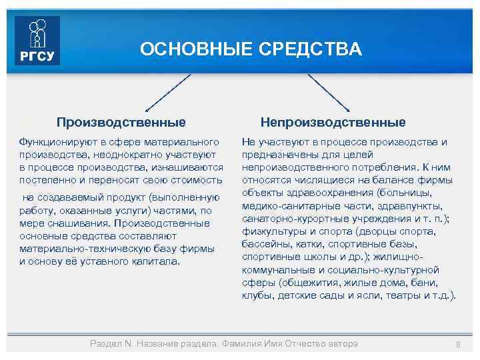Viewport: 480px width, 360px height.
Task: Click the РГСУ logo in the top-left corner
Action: click(x=37, y=41)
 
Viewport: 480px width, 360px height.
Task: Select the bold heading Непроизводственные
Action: click(x=333, y=123)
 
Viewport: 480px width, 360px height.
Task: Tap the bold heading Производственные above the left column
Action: click(x=121, y=123)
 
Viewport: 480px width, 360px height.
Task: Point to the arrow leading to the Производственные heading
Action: click(x=168, y=91)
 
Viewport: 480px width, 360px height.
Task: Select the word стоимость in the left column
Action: click(x=197, y=180)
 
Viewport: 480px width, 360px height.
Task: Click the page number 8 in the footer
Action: click(x=458, y=344)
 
